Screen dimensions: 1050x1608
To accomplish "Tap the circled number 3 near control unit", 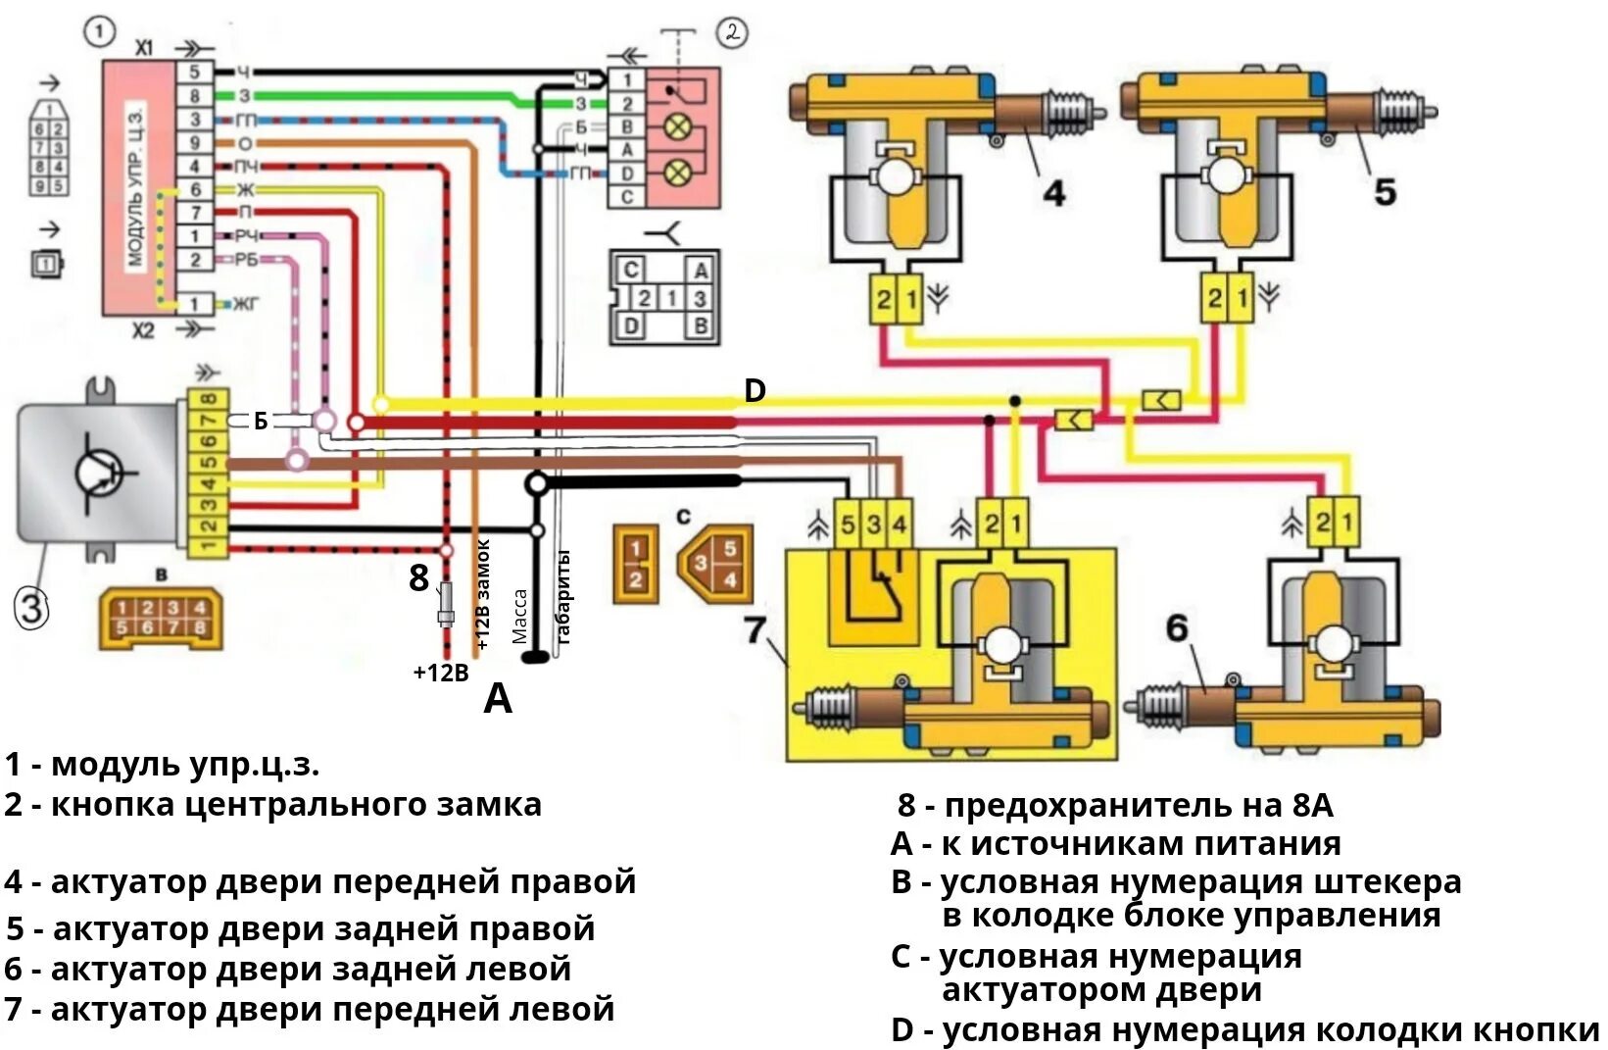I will (x=29, y=610).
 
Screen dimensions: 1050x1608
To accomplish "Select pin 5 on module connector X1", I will (x=195, y=72).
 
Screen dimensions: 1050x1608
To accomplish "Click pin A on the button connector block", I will (x=627, y=150).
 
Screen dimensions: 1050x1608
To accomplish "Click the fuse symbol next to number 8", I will (x=447, y=603).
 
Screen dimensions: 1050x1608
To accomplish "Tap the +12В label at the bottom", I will (x=441, y=673).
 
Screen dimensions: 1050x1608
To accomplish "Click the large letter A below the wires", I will (x=498, y=700).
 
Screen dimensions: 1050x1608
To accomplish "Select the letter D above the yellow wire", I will (x=754, y=391).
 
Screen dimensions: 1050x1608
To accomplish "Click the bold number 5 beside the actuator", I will (x=1384, y=192).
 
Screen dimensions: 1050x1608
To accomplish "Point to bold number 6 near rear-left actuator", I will (x=1176, y=628).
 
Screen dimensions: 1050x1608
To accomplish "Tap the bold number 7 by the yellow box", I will (x=754, y=629).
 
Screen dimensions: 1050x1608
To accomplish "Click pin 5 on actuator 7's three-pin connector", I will (x=848, y=525).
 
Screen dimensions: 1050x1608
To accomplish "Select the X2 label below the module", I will (x=143, y=330).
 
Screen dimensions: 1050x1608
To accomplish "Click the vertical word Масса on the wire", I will (x=520, y=617).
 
